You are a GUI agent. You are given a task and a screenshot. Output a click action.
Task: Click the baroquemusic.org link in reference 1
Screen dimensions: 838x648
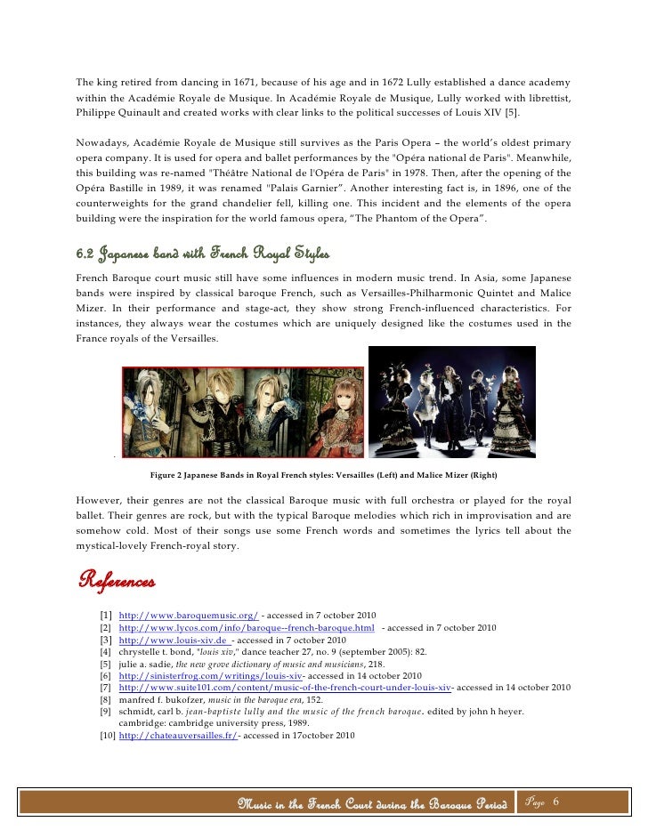(x=189, y=616)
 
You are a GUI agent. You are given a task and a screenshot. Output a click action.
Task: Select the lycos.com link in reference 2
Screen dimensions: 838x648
(x=247, y=628)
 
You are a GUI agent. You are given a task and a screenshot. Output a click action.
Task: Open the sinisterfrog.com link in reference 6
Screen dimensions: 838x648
(x=211, y=676)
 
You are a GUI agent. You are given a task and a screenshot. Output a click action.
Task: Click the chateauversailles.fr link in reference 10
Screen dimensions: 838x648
(x=178, y=737)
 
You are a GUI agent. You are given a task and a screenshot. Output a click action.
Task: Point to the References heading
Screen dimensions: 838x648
(x=117, y=582)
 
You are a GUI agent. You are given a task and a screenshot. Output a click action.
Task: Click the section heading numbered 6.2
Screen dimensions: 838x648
(x=203, y=256)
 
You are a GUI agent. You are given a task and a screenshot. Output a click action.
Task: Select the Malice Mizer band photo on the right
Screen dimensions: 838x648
(x=452, y=401)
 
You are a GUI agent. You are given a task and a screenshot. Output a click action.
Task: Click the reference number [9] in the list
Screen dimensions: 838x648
(x=106, y=713)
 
